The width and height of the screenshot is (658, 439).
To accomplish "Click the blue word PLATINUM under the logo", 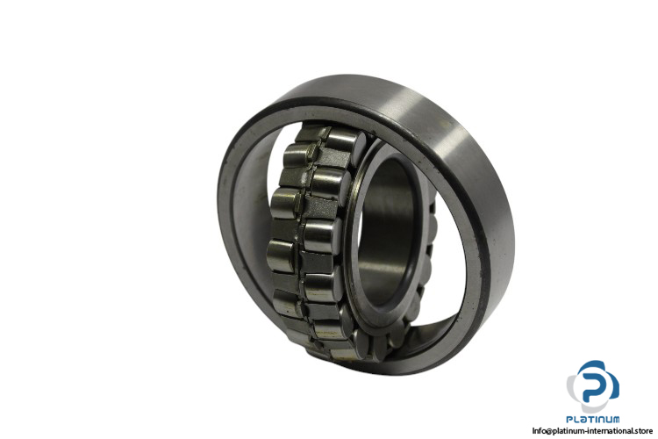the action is tap(592, 420).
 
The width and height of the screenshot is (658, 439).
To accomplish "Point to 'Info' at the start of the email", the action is tap(538, 431).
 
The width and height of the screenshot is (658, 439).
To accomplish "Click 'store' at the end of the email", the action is tap(642, 431).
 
